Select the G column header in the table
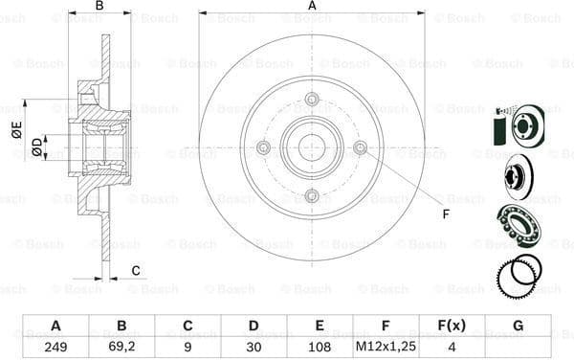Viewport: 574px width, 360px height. pos(518,325)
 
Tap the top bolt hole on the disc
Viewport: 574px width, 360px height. pos(312,99)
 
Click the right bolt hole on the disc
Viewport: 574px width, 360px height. pos(360,147)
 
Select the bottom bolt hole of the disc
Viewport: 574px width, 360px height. pos(312,195)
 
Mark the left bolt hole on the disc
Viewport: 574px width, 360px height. pos(264,147)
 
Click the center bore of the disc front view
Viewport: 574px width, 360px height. pos(312,147)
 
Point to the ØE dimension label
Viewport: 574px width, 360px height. pos(17,133)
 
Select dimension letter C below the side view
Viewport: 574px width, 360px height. pos(136,269)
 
